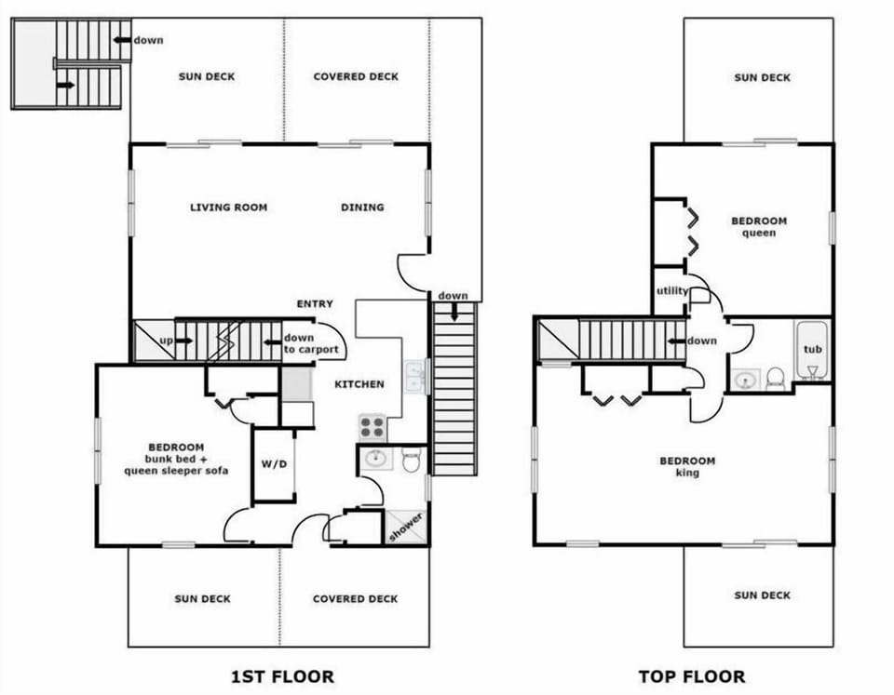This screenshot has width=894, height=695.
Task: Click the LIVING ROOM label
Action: (x=228, y=207)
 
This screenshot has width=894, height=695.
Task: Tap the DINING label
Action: (x=362, y=207)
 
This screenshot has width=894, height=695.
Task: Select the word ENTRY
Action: (x=315, y=304)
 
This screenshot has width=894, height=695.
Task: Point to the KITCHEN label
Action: (x=360, y=383)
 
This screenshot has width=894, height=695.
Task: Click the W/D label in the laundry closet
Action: (x=274, y=464)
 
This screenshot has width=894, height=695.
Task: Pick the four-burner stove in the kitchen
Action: (x=372, y=427)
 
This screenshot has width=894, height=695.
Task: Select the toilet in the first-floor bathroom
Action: (x=413, y=460)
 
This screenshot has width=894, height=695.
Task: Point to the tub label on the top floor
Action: (x=812, y=349)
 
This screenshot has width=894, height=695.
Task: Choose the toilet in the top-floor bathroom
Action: (x=775, y=379)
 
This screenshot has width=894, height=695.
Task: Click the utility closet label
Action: (x=671, y=291)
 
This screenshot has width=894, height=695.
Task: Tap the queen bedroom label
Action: (x=759, y=227)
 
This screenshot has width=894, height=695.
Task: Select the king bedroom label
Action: (x=687, y=466)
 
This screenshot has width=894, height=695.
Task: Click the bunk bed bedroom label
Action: (x=176, y=459)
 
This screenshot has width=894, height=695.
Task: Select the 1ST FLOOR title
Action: (x=282, y=676)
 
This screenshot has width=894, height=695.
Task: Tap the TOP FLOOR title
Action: (x=691, y=676)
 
